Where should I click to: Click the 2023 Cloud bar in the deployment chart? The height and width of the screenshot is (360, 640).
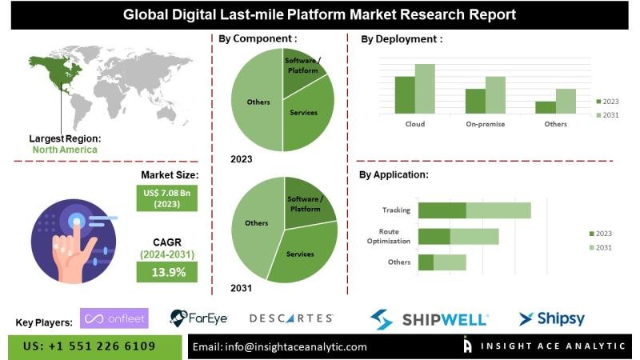point(405,94)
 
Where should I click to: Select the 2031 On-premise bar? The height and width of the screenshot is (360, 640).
point(495,94)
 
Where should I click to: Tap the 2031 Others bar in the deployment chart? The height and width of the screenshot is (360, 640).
point(566,101)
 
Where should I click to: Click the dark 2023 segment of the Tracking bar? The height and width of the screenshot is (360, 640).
point(442,210)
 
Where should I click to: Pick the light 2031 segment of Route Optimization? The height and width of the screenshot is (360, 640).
point(474,237)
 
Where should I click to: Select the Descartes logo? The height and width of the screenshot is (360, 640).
point(291,318)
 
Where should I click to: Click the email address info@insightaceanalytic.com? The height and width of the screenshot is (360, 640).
point(280,346)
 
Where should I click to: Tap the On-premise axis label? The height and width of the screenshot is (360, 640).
point(486,124)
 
